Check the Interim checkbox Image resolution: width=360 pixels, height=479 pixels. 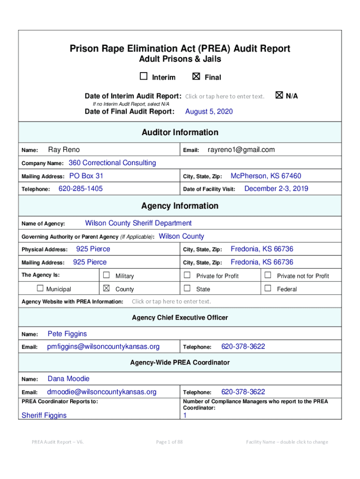[144, 77]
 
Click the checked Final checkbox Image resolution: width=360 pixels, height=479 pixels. [196, 77]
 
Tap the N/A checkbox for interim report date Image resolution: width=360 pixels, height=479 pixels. [279, 95]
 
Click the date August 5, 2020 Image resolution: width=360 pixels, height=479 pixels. [209, 111]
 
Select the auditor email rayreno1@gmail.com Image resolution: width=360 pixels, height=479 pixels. [241, 150]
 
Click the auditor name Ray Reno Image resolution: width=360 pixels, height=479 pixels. [64, 150]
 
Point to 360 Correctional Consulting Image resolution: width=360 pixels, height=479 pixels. [112, 163]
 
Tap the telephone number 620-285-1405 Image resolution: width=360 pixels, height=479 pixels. [80, 189]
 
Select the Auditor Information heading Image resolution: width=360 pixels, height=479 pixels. [180, 132]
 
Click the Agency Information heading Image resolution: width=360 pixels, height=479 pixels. [180, 206]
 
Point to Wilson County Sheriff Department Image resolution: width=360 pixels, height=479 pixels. [138, 223]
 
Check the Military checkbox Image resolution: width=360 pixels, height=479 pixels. [106, 275]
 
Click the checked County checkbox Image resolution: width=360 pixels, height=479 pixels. [106, 288]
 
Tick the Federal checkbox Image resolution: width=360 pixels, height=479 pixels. [268, 288]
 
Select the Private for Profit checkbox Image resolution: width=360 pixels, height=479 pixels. [187, 275]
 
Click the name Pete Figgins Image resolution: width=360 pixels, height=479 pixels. [67, 334]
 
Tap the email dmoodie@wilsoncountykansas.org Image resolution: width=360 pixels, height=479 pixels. [102, 392]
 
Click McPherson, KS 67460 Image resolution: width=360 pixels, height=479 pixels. [266, 176]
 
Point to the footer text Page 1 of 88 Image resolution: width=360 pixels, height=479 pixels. [170, 442]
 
